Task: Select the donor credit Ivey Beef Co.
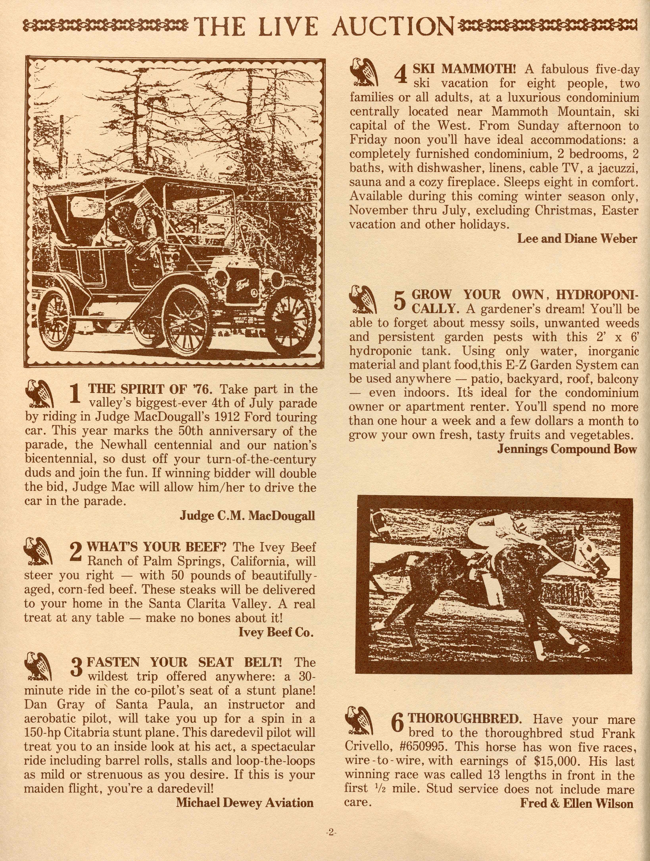(x=276, y=632)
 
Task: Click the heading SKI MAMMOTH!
(x=464, y=69)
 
